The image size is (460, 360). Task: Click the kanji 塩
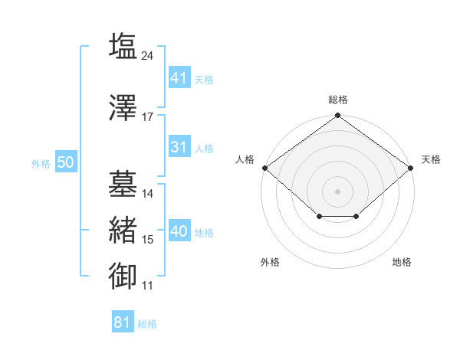point(123,46)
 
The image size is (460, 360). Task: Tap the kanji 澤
point(123,107)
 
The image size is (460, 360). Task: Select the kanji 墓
point(123,184)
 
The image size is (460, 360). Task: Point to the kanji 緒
point(123,230)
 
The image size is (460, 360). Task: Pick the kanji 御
point(123,276)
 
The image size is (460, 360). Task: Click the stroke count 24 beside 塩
point(147,56)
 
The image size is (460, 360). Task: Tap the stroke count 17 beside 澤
point(147,117)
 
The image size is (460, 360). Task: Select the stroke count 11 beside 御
point(147,286)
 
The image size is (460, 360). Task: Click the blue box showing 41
point(180,77)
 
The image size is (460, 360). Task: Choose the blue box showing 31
point(180,146)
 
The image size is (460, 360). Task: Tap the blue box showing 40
point(180,230)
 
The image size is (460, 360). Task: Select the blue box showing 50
point(66,162)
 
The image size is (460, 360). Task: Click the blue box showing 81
point(123,321)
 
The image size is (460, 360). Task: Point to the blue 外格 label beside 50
point(41,164)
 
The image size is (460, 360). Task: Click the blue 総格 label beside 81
point(147,324)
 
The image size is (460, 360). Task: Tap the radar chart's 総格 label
point(338,100)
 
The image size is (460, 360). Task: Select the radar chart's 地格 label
point(402,262)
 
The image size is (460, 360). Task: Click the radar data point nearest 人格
point(265,168)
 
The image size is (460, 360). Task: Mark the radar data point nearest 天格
point(411,168)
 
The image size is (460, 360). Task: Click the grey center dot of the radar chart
point(337,191)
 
